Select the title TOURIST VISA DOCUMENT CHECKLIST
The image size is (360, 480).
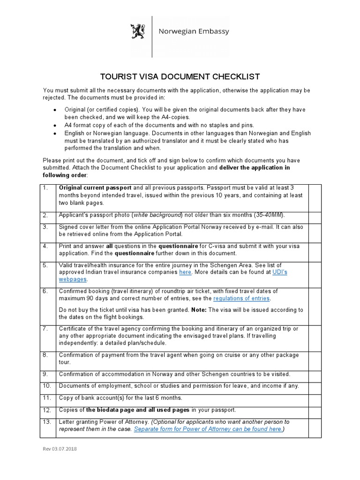(180, 77)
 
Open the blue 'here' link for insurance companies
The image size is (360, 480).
(185, 272)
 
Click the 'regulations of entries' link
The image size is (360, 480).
(241, 298)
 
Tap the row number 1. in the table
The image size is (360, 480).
(45, 187)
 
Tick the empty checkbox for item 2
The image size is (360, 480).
(315, 215)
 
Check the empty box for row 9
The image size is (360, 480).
(315, 374)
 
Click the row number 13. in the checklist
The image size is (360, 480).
(47, 422)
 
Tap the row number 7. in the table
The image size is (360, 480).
(45, 329)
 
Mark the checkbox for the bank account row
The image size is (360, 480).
(315, 398)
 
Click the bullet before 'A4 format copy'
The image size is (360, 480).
(55, 125)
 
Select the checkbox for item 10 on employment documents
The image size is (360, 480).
(315, 386)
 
